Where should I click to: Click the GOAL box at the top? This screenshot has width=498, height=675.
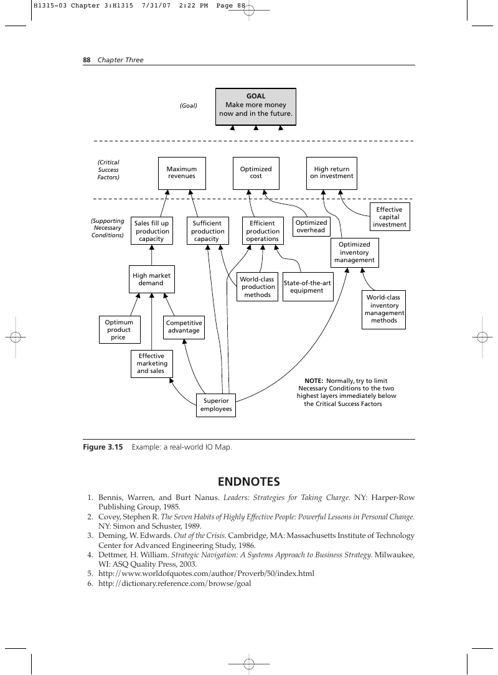[256, 106]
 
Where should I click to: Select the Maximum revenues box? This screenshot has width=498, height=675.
[182, 173]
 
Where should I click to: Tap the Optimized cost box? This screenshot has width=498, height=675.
[256, 173]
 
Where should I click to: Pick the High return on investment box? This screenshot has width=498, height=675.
[331, 173]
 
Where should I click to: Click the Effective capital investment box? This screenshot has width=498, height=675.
[390, 217]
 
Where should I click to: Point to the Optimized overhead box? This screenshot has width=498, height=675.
[311, 227]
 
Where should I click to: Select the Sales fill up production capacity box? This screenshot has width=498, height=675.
[151, 231]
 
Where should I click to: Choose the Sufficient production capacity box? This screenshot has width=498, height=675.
[207, 231]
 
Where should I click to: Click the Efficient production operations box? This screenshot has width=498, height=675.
[263, 231]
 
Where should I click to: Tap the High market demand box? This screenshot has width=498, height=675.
[151, 279]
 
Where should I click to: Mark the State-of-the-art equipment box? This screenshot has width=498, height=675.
[308, 286]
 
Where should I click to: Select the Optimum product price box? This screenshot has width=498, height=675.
[120, 330]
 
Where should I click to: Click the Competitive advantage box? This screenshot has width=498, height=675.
[184, 327]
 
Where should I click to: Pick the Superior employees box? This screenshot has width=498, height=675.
[216, 405]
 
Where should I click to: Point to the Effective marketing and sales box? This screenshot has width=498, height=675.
[151, 364]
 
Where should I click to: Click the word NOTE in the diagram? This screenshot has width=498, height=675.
[313, 381]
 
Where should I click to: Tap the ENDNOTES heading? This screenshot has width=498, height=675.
[249, 482]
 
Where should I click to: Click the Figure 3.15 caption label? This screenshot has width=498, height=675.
[103, 447]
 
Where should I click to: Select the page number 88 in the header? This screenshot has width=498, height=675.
[87, 60]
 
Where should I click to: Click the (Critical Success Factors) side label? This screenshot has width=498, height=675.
[108, 169]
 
